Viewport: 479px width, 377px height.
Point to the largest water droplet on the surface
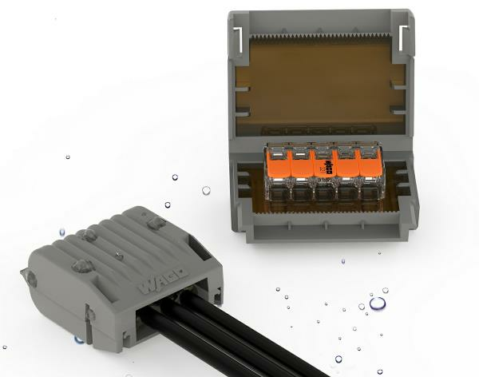click(x=378, y=303)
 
